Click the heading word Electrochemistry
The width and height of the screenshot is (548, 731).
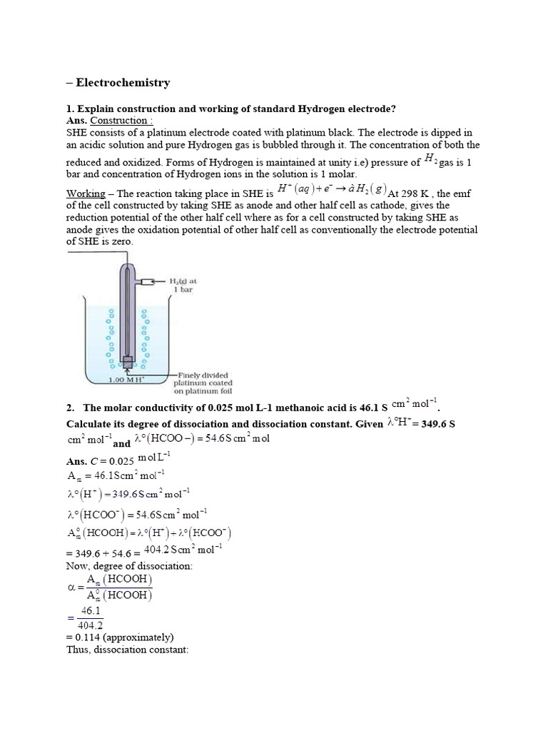pyautogui.click(x=123, y=83)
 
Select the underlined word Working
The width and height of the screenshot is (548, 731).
pyautogui.click(x=86, y=194)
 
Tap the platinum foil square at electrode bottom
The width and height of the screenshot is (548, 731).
pyautogui.click(x=128, y=363)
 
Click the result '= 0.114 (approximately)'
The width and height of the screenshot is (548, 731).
pyautogui.click(x=120, y=637)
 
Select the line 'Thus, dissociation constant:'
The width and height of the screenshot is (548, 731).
pyautogui.click(x=127, y=650)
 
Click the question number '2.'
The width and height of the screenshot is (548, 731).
pyautogui.click(x=71, y=409)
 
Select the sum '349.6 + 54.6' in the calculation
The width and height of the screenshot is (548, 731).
pyautogui.click(x=106, y=551)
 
